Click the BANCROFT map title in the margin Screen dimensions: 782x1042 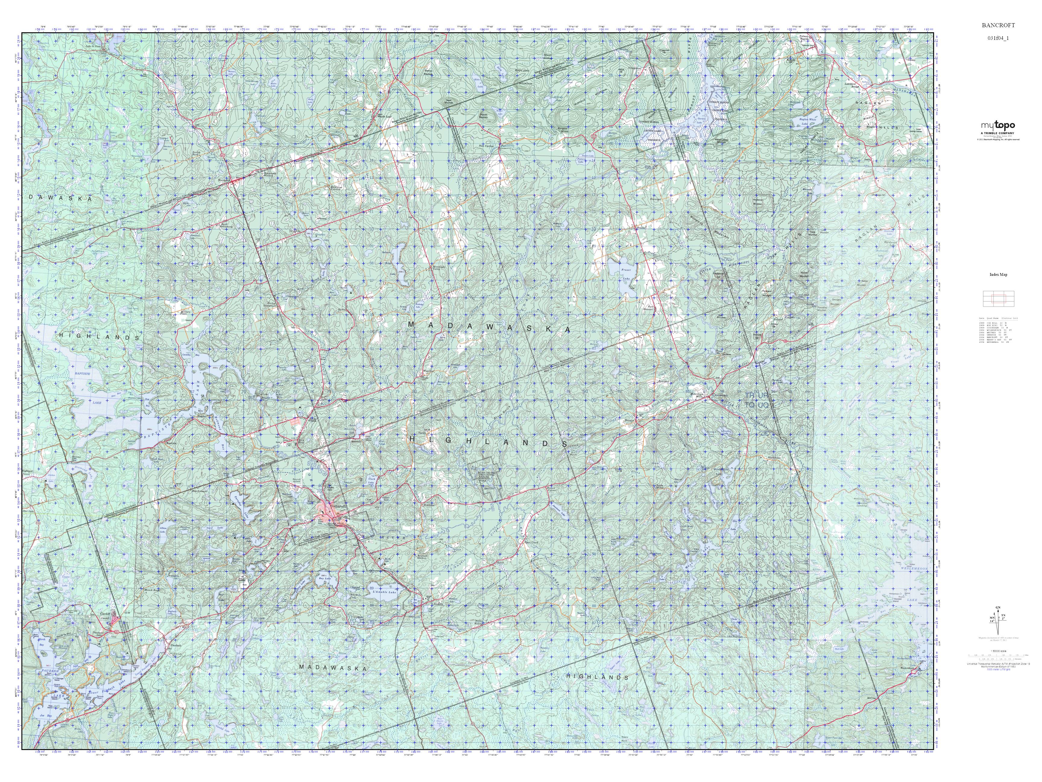(x=998, y=25)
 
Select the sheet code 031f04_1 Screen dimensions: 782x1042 (x=998, y=38)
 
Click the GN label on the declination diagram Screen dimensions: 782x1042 (x=998, y=620)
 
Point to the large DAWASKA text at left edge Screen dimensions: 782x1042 (x=59, y=198)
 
